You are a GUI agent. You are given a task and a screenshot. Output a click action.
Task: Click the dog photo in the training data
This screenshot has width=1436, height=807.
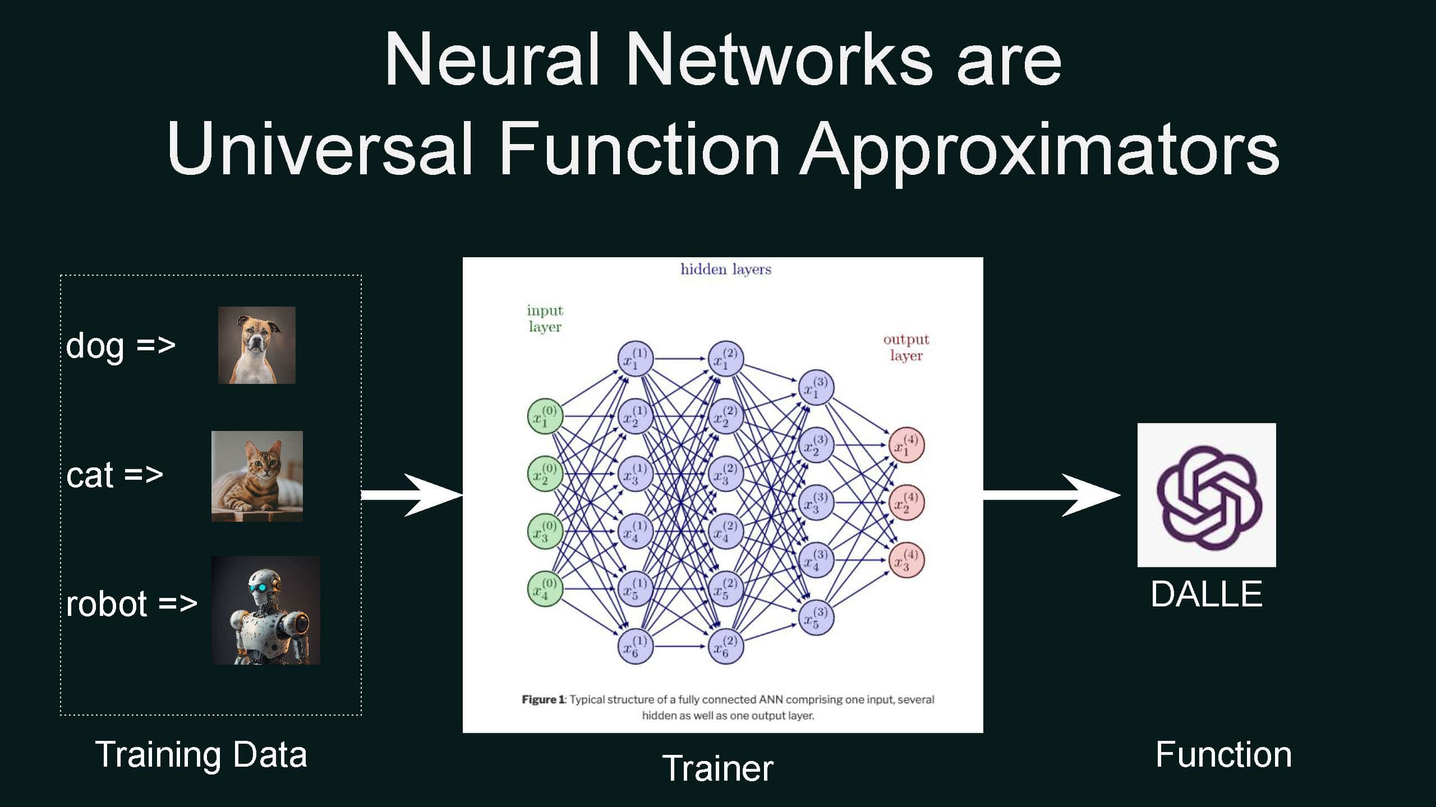click(256, 345)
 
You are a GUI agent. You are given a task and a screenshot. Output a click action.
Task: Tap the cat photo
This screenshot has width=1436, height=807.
click(257, 476)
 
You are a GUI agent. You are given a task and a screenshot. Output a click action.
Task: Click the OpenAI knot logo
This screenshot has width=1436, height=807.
click(1206, 495)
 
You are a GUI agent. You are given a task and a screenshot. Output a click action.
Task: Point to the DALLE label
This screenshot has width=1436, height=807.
click(1206, 594)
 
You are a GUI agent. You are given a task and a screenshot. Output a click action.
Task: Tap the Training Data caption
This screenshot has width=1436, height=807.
click(201, 754)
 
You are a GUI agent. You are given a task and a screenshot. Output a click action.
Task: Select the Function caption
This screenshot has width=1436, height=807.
click(1223, 754)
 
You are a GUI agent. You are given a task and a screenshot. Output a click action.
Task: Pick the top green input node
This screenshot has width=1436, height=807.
click(545, 416)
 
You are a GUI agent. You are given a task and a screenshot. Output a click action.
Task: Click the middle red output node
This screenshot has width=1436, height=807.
click(906, 503)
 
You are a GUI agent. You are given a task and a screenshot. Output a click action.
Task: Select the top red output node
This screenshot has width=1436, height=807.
click(906, 445)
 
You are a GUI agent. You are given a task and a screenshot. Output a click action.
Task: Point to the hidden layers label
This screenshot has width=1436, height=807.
click(726, 270)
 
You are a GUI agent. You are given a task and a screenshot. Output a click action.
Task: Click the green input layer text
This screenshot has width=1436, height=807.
click(545, 318)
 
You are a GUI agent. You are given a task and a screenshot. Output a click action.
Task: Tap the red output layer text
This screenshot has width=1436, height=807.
click(906, 347)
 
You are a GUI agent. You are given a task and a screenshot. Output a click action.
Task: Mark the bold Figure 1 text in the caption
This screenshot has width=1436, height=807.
click(543, 699)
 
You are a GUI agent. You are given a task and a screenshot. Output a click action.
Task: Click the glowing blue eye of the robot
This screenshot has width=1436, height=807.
click(257, 588)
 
